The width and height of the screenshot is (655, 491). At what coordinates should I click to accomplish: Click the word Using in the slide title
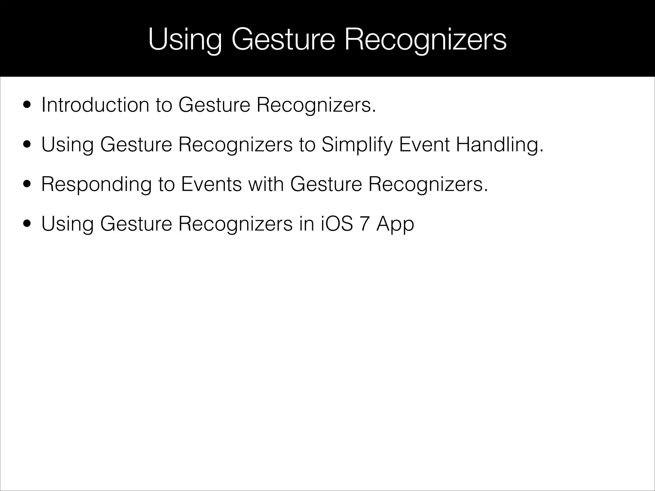tap(185, 40)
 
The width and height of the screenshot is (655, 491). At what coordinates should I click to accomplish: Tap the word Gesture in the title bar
tap(283, 40)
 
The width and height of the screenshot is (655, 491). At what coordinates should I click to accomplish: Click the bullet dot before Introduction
tap(27, 105)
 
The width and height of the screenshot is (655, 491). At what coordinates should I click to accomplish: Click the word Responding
tap(96, 184)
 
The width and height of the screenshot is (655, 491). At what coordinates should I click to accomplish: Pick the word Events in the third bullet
tap(211, 184)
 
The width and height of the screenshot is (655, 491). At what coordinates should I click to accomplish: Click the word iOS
tap(337, 224)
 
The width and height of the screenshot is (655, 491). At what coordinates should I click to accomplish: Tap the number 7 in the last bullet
tap(365, 224)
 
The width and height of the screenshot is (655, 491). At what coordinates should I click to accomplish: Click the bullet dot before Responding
tap(27, 184)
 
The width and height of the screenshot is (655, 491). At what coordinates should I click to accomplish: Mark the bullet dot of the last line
tap(27, 224)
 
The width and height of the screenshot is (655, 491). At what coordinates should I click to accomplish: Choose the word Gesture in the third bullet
tap(326, 184)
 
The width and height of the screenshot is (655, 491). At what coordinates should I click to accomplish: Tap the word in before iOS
tap(307, 224)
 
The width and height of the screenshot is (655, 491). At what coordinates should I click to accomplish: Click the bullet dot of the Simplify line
tap(27, 145)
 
